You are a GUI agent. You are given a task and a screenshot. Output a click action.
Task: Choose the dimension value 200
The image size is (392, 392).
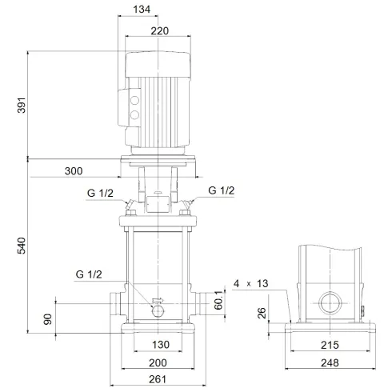(158, 362)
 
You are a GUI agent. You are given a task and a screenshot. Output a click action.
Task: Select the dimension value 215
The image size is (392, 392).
(331, 346)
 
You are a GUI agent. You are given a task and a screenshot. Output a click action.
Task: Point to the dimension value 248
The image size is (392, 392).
(331, 362)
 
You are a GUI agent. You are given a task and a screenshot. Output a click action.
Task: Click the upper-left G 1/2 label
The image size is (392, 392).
(100, 193)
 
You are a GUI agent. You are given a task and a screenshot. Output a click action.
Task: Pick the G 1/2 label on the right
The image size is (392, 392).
(222, 190)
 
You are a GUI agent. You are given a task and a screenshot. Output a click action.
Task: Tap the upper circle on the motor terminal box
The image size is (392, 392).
(134, 102)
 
